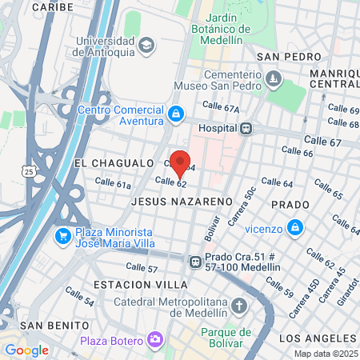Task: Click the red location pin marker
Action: [x=180, y=163]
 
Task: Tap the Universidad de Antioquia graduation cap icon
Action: [x=146, y=46]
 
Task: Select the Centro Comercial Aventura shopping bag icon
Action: [x=175, y=116]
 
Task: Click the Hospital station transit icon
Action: [x=246, y=127]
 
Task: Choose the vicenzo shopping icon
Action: [x=295, y=227]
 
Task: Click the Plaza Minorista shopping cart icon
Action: [x=62, y=236]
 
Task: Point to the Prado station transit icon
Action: [x=194, y=261]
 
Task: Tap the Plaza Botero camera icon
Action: [x=155, y=341]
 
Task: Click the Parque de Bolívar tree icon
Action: [x=223, y=333]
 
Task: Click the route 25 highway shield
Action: [x=30, y=171]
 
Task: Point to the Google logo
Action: [x=26, y=350]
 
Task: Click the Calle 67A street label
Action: [x=221, y=107]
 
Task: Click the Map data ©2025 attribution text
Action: [x=326, y=354]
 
